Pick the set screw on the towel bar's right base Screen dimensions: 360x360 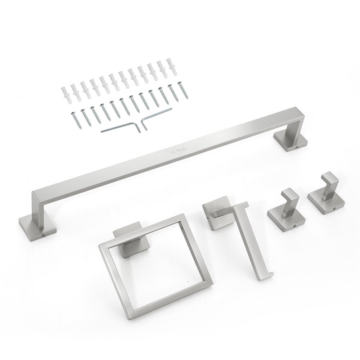click(x=297, y=148)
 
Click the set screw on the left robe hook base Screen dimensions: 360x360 click(x=294, y=226)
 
